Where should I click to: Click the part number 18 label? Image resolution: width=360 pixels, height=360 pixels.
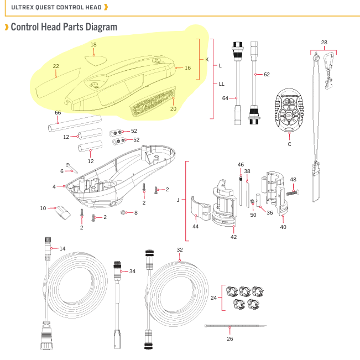93,45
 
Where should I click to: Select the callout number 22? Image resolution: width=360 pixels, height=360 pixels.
56,66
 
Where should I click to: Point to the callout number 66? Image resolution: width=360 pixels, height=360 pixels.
58,112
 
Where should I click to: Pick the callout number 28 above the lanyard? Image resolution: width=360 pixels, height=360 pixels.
324,42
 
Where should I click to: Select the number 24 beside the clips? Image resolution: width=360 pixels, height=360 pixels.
214,298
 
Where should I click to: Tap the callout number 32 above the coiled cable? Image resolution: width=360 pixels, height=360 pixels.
180,250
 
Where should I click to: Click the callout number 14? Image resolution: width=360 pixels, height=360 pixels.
62,249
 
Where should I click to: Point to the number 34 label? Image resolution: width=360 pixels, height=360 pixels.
132,271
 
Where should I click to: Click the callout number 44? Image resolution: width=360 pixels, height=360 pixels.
195,227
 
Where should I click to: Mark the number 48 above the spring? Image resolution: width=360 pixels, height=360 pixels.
293,179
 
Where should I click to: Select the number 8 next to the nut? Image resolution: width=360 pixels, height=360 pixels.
135,212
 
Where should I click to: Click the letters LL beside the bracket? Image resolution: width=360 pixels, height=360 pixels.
221,84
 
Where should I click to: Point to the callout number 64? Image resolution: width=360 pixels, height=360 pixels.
225,98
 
